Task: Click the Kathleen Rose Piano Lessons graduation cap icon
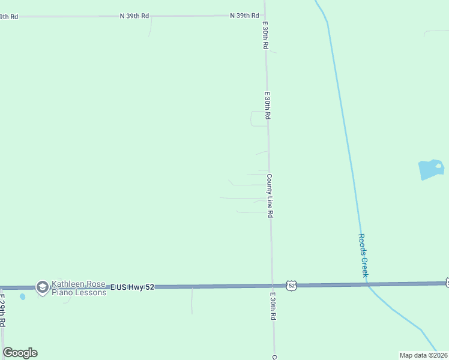(42, 288)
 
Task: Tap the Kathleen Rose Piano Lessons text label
(79, 289)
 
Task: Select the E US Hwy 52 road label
(132, 287)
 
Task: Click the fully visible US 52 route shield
(291, 286)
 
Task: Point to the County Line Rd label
(271, 196)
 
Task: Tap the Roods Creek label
(363, 255)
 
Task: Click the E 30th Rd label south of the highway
(273, 305)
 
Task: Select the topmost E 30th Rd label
(265, 36)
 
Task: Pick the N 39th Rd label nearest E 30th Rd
(244, 16)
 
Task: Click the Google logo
(20, 353)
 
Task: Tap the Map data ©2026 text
(423, 355)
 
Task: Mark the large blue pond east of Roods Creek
(430, 170)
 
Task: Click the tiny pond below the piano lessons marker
(22, 296)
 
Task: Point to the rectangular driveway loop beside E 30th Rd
(259, 118)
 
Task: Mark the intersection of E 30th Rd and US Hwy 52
(272, 286)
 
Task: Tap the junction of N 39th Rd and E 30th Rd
(265, 16)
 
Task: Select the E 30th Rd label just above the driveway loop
(267, 105)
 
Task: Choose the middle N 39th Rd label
(134, 16)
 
